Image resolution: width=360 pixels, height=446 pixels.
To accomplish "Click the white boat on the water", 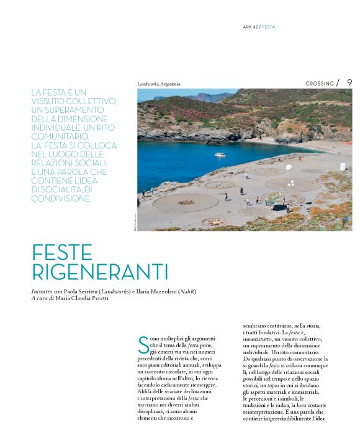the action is tap(220, 154).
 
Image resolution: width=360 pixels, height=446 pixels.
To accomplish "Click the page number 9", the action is tap(350, 83).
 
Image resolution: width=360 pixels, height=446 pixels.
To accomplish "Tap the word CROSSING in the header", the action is tap(320, 84).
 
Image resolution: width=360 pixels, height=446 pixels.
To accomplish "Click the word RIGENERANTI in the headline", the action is tap(100, 272).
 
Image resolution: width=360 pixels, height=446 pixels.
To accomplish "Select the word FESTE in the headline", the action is tap(62, 252).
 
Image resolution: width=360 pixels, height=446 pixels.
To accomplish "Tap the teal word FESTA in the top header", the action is tap(269, 27).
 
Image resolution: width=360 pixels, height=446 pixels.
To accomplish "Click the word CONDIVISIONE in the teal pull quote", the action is tap(61, 198).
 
